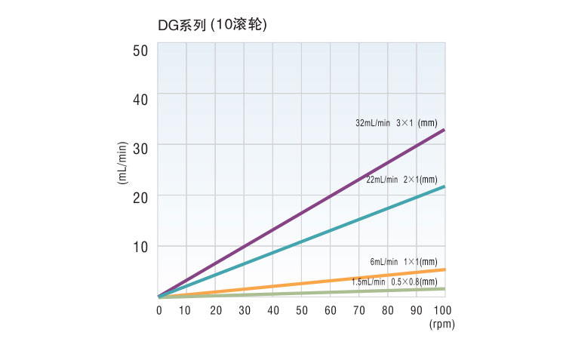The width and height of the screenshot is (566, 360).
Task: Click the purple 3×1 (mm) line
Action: coord(302,213)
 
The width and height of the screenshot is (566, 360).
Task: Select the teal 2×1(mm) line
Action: coord(302,242)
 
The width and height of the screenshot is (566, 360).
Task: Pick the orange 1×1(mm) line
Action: coord(302,283)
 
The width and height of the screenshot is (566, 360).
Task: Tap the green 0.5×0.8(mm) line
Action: coord(302,293)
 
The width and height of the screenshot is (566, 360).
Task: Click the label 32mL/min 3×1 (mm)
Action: coord(396,122)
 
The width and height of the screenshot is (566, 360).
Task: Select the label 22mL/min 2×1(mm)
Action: coord(401,180)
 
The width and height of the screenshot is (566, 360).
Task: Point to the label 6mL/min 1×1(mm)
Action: coord(404,261)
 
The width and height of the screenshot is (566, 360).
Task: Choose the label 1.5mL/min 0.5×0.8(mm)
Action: coord(394,282)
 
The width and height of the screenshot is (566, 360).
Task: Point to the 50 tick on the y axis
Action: coord(140,51)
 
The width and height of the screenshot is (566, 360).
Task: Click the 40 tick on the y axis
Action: coord(140,97)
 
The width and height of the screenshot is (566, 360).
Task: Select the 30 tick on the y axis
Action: coord(140,146)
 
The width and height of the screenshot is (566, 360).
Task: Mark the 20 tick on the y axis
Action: coord(140,195)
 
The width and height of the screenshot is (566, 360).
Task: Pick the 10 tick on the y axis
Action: coord(140,246)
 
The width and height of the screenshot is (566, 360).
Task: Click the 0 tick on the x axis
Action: coord(158,310)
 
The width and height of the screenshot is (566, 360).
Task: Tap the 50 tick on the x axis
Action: coord(301,310)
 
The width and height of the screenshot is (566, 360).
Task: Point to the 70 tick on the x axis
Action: coord(358,310)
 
